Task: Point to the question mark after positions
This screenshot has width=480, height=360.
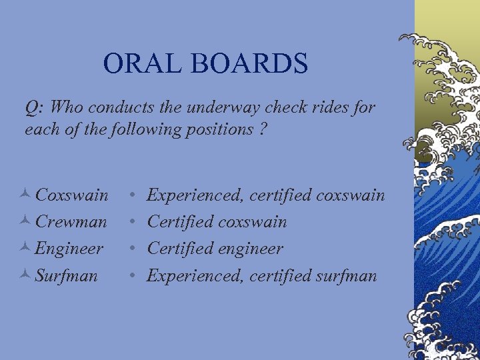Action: click(x=265, y=129)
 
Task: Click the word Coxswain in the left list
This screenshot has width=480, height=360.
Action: click(x=71, y=195)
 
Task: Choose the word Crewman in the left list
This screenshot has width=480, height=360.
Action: click(x=71, y=222)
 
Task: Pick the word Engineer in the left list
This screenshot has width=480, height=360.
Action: click(x=69, y=249)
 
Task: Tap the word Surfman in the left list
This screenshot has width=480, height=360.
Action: click(x=66, y=275)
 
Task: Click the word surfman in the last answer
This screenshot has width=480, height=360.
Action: click(x=346, y=275)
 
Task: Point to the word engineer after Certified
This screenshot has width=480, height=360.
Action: click(x=251, y=249)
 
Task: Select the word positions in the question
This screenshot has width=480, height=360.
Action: click(x=221, y=129)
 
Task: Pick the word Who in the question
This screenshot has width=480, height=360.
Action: click(x=65, y=107)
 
